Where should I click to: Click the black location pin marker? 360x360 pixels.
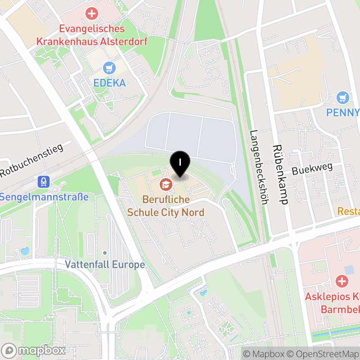pos(180,163)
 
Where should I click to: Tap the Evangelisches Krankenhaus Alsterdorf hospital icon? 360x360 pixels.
pos(92,13)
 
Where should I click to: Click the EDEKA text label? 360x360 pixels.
pos(109,83)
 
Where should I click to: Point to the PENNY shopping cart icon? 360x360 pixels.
pos(343,97)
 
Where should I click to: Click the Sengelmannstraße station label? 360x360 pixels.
pos(44,197)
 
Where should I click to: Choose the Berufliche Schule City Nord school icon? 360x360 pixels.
pos(166,184)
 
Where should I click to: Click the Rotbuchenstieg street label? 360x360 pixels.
pos(31,160)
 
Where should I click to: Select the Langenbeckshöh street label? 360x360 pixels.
pos(258,167)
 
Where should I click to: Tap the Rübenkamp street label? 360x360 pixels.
pos(279,175)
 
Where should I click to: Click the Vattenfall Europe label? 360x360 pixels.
pos(105,264)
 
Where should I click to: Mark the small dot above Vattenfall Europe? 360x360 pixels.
pos(104,252)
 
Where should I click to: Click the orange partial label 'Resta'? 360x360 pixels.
pos(349,211)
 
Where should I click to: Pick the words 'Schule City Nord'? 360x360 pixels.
pos(166,212)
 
